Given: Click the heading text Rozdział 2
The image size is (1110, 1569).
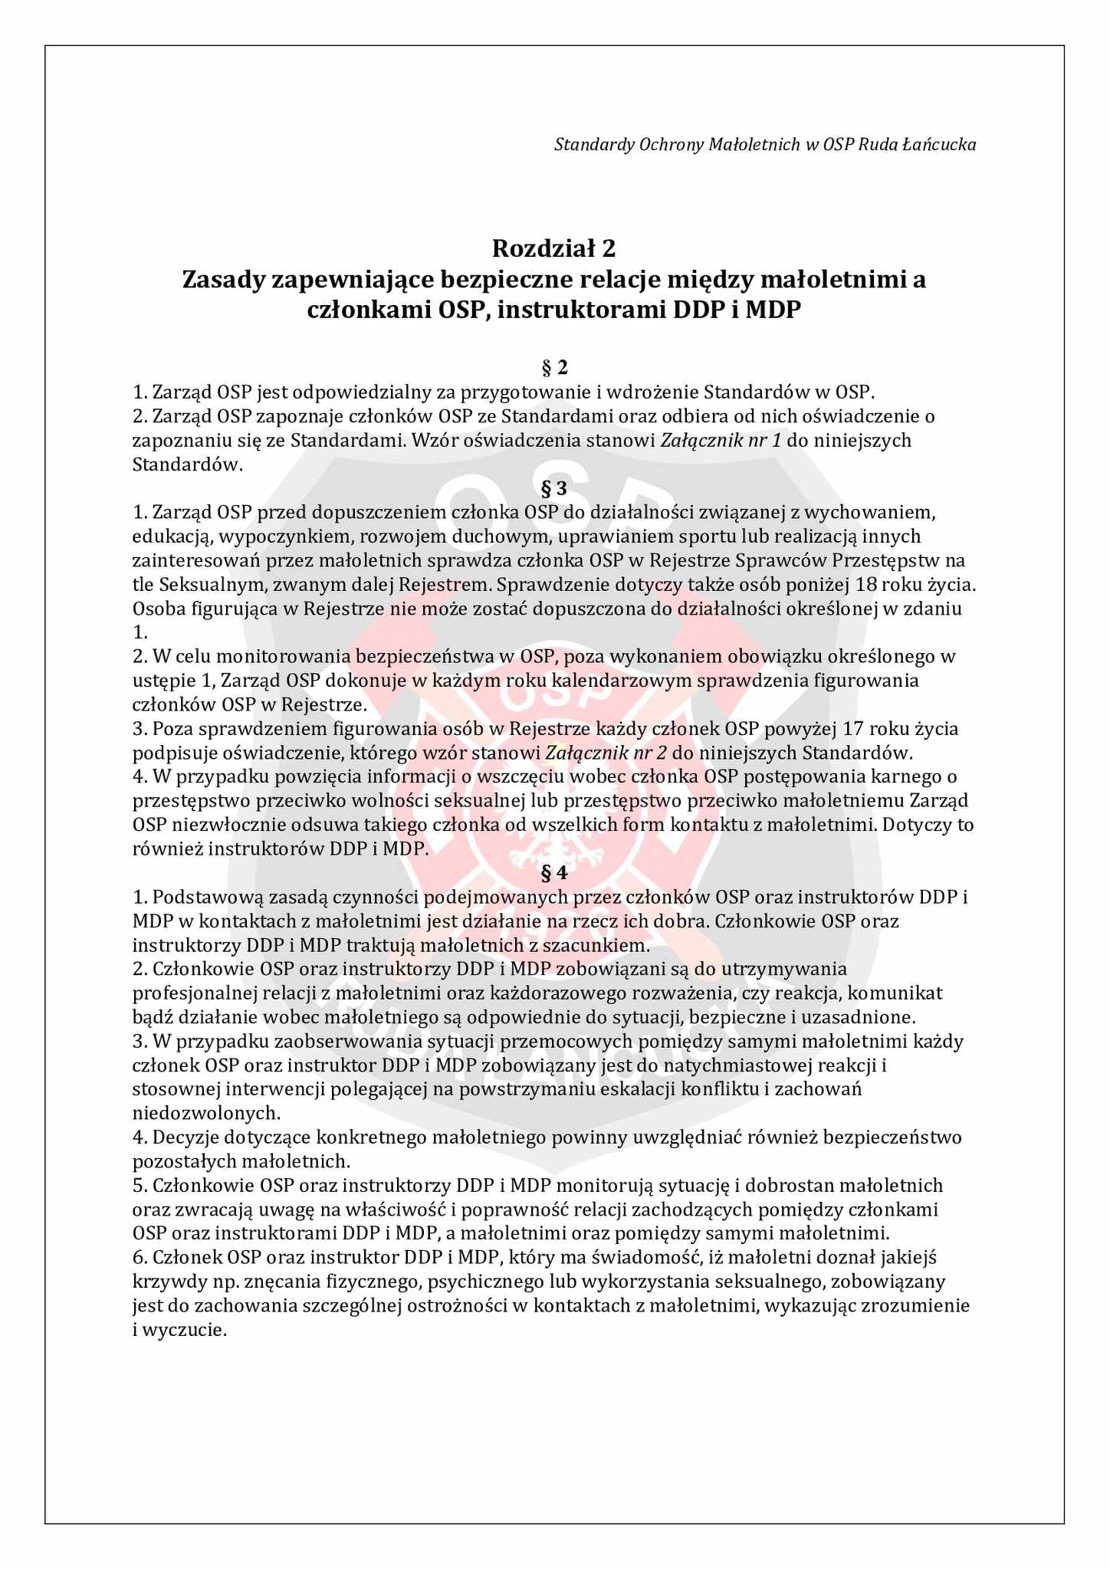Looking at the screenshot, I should coord(554,248).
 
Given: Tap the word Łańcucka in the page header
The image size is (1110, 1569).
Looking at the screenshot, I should coord(945,144).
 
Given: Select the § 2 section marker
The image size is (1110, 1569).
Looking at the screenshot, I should coord(554,368).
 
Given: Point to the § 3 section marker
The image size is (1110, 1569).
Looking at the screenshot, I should coord(554,488).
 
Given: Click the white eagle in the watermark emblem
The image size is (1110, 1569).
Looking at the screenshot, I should coord(554,835).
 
